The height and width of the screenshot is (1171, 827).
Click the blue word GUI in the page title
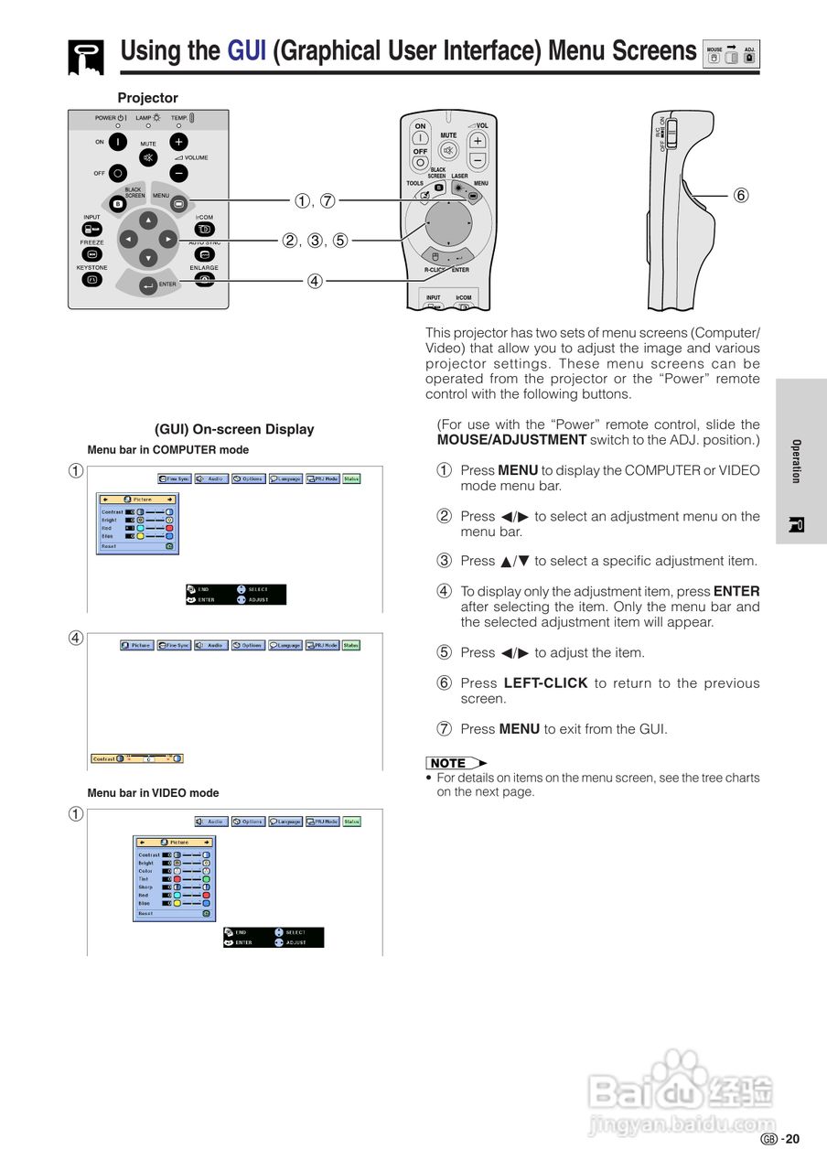click(246, 50)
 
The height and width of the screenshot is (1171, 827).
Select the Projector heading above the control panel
click(147, 98)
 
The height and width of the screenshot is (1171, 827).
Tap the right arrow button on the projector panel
click(168, 239)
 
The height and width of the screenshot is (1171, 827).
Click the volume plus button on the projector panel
click(178, 142)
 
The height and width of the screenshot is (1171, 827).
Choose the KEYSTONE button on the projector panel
click(91, 280)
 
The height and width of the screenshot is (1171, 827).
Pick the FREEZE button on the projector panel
click(91, 254)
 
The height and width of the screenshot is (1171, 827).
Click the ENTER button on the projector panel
click(148, 287)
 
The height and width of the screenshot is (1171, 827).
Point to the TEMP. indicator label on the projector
click(179, 118)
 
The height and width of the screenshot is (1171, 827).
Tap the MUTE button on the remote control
click(448, 149)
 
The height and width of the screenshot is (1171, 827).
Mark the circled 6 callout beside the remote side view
click(741, 195)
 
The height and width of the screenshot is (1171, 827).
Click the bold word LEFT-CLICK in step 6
click(545, 683)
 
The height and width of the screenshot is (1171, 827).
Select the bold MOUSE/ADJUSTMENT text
click(511, 440)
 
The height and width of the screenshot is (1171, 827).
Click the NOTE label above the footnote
click(448, 763)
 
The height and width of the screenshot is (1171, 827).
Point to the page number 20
click(792, 1139)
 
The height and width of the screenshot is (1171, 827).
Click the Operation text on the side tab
click(796, 461)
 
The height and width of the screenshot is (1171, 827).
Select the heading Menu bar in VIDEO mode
click(153, 793)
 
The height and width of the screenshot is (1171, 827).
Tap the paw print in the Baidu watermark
click(680, 1068)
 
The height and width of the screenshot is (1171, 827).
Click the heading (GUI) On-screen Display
click(234, 429)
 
